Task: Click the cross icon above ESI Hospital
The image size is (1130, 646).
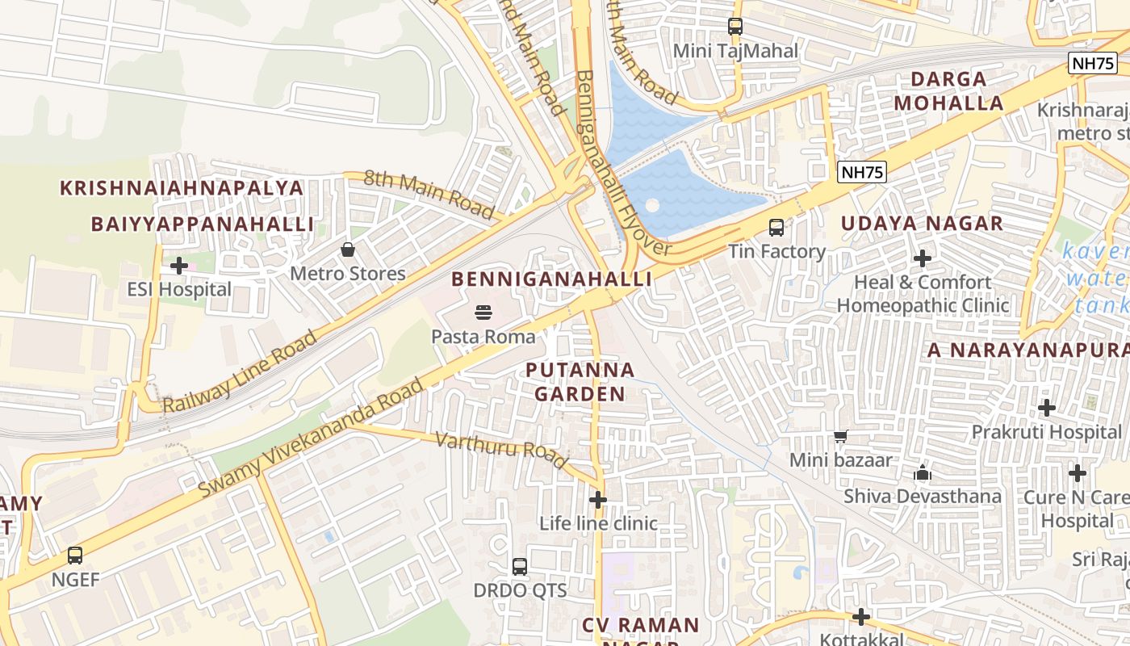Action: [179, 265]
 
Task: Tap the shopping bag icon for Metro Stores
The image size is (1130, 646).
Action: [348, 250]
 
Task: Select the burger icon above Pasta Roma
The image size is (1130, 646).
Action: [483, 312]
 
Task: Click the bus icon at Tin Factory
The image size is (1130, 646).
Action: [776, 228]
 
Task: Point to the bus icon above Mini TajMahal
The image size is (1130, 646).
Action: [734, 27]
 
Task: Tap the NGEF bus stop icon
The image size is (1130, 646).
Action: [75, 556]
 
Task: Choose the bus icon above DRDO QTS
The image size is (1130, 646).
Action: [520, 566]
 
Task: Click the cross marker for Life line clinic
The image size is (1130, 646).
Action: [597, 500]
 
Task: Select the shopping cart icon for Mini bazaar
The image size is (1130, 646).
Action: [840, 437]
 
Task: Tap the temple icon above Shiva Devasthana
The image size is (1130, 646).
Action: [923, 472]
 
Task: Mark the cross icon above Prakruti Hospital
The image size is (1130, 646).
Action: [1047, 408]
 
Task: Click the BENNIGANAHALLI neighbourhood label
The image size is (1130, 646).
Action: [551, 279]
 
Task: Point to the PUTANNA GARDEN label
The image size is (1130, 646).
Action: [580, 382]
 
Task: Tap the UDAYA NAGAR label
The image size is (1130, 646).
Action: [922, 224]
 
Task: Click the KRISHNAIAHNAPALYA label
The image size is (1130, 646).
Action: [182, 188]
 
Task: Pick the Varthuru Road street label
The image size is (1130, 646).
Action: [501, 451]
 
